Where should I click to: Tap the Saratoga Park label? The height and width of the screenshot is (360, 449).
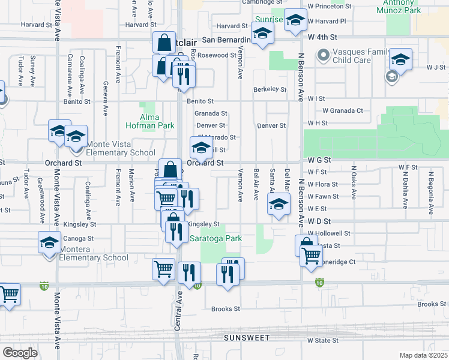215,238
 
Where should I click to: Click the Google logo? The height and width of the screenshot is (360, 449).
20,352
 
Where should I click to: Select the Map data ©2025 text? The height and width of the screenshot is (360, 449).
423,355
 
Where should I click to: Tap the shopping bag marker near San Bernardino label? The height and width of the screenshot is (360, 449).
164,43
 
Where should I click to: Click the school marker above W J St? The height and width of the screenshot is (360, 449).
400,59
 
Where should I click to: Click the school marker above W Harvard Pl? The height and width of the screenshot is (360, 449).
295,20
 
